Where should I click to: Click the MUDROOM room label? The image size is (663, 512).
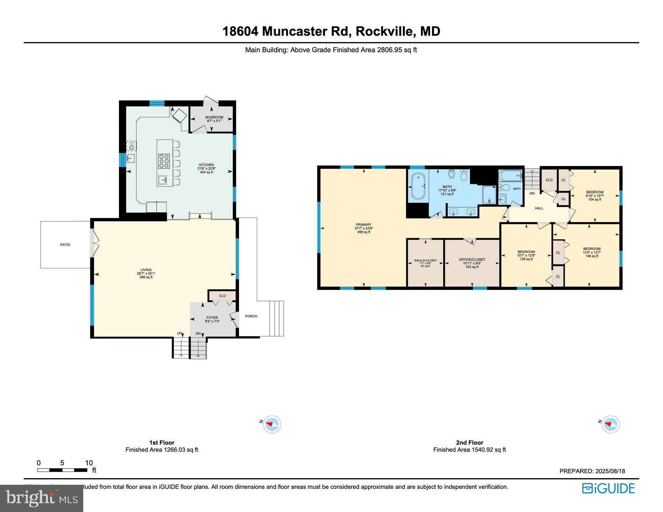(214, 117)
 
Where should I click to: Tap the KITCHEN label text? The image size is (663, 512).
(206, 165)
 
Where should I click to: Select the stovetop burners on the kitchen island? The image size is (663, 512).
(164, 161)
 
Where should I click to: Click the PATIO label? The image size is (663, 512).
(65, 245)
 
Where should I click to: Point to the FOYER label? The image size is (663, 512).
(212, 318)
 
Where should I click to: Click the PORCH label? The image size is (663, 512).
(251, 316)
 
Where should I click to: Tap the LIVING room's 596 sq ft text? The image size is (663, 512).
(146, 277)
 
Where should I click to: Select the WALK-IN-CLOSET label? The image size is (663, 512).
(425, 260)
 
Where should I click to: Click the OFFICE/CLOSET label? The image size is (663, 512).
(472, 259)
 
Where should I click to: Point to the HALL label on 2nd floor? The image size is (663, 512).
(539, 208)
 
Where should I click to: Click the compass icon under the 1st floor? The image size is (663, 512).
(272, 424)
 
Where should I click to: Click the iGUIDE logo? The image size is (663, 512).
(608, 488)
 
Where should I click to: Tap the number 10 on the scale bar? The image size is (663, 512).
(89, 463)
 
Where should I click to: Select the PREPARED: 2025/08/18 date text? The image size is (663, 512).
(592, 471)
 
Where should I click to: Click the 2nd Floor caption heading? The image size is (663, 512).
(469, 442)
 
